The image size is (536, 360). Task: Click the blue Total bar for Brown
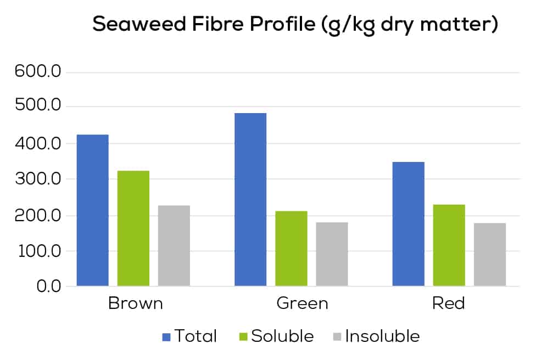point(92,210)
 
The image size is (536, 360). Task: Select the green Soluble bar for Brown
point(133,228)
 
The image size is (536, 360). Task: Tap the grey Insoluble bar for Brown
point(174,246)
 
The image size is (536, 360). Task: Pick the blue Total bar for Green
point(250,199)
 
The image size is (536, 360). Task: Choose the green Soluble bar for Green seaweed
point(291,248)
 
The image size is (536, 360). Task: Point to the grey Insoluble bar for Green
point(332,254)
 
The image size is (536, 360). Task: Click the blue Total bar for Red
point(409,224)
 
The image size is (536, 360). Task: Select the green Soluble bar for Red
point(449,245)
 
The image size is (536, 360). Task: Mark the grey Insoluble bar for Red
point(490,254)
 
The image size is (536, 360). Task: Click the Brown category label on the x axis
point(136,303)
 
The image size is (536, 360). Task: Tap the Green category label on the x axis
point(302,303)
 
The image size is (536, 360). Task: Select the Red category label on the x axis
point(449,303)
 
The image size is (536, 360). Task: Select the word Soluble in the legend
point(282,336)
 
